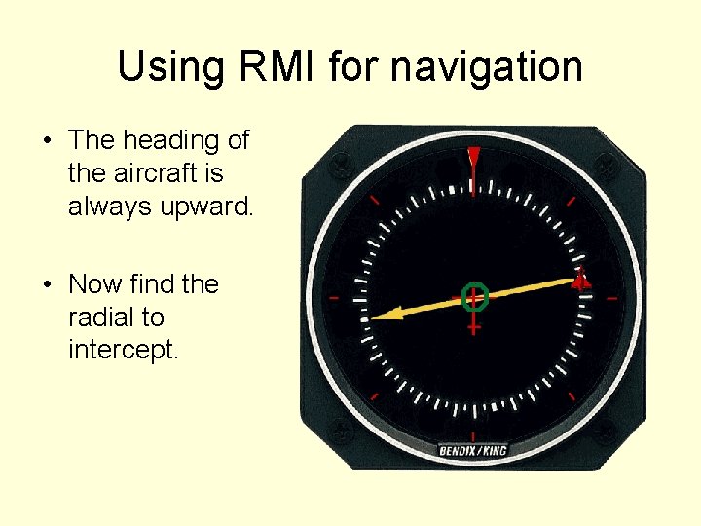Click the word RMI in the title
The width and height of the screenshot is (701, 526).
[x=274, y=67]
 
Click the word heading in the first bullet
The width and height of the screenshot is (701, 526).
[x=170, y=141]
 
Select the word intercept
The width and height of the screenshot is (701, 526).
[x=122, y=351]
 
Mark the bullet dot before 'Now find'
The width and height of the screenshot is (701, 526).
[x=47, y=285]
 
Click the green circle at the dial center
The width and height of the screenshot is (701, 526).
[x=474, y=295]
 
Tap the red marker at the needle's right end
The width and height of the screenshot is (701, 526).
[x=580, y=282]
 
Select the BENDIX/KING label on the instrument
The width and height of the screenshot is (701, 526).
[x=473, y=451]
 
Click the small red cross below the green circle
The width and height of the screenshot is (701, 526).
[x=474, y=328]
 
